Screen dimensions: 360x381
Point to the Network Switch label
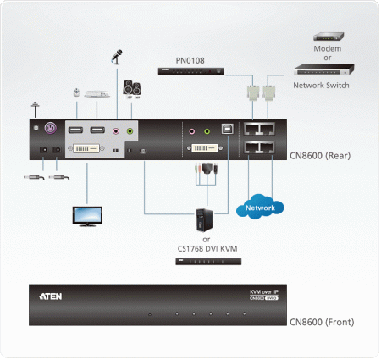(321, 85)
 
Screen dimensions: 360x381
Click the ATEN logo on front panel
(50, 296)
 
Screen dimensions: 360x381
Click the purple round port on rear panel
(49, 130)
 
